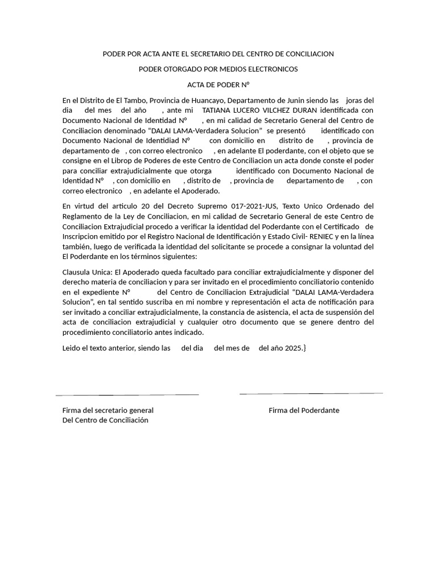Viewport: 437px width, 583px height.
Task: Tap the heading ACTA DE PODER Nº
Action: coord(218,84)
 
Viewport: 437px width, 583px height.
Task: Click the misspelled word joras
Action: coord(356,100)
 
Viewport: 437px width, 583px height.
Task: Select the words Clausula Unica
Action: coord(87,272)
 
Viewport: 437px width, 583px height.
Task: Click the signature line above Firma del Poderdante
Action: coord(311,393)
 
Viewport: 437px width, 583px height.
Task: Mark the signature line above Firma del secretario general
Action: coord(127,395)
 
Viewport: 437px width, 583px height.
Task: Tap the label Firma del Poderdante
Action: coord(304,410)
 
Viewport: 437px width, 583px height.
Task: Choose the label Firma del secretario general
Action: coord(108,410)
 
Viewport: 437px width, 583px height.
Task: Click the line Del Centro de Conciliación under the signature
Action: coord(105,420)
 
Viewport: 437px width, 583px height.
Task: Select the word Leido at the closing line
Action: coord(72,348)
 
